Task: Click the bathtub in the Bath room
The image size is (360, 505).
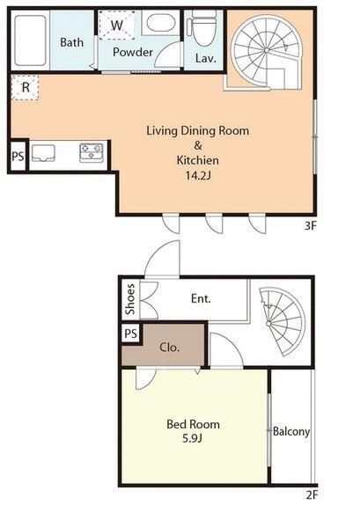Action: point(31,40)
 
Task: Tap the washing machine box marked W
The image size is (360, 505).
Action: point(117,25)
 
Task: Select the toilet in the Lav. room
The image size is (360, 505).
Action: point(203,26)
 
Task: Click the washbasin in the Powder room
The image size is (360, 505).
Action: point(161,22)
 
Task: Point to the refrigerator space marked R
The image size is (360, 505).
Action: point(26,87)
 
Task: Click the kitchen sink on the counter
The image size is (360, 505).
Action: point(42,153)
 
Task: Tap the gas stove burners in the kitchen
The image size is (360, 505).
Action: point(92,152)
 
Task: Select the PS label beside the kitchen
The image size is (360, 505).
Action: point(18,157)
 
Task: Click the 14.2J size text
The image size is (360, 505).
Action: point(198,176)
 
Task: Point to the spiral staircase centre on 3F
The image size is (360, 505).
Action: point(267,50)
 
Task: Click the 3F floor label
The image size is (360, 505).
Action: point(311,226)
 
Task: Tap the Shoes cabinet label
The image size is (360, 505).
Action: point(130,299)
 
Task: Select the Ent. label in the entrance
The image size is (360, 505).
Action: point(201,298)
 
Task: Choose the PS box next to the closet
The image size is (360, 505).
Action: point(130,333)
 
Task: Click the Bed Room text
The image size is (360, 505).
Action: point(193,424)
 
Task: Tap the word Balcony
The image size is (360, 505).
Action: point(291,432)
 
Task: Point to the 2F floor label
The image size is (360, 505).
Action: point(312,494)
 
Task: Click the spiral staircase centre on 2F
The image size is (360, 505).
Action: point(268,324)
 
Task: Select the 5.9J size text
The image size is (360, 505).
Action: point(192,438)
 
